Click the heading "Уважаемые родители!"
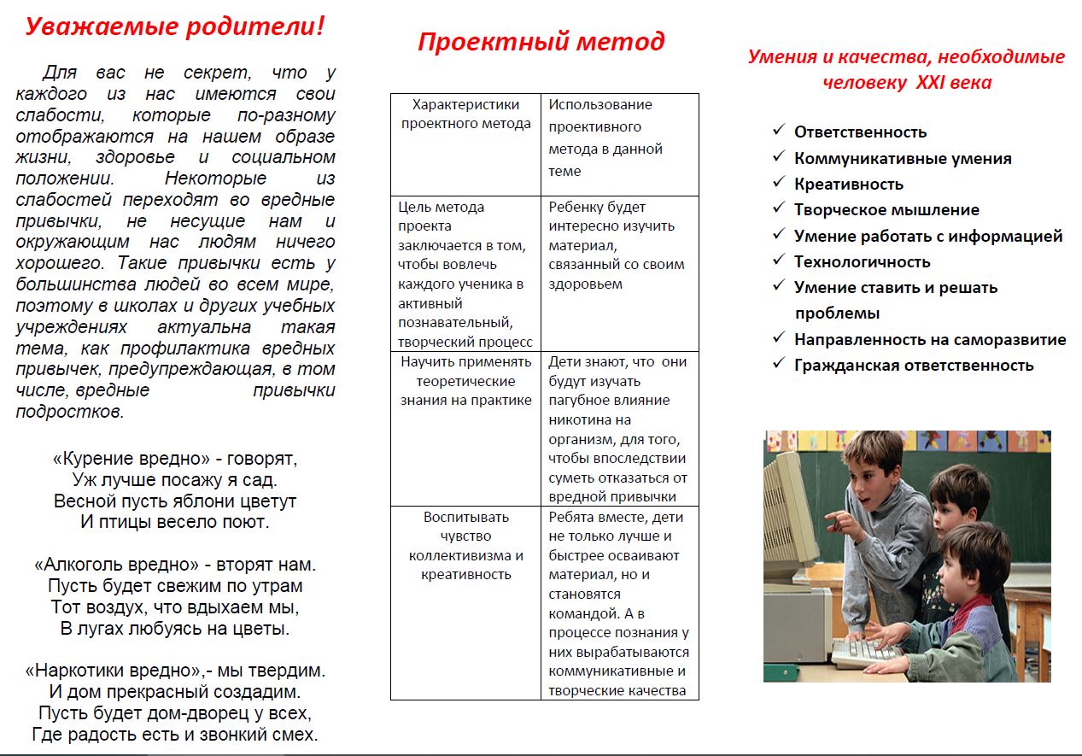point(175,26)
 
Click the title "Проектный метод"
point(541,41)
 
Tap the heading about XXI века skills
point(906,69)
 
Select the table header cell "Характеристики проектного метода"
point(465,114)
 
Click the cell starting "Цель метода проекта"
point(465,273)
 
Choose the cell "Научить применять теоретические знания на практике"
point(465,381)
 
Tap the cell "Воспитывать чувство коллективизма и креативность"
point(465,545)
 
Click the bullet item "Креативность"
point(848,184)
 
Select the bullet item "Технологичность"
point(862,261)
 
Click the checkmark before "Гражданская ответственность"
point(778,363)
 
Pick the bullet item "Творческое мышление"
point(886,209)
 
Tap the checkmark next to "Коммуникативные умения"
point(778,156)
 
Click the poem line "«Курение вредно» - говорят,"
point(175,458)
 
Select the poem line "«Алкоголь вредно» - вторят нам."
point(175,565)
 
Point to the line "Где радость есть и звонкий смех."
point(175,734)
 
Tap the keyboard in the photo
point(864,651)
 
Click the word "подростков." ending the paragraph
point(70,412)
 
